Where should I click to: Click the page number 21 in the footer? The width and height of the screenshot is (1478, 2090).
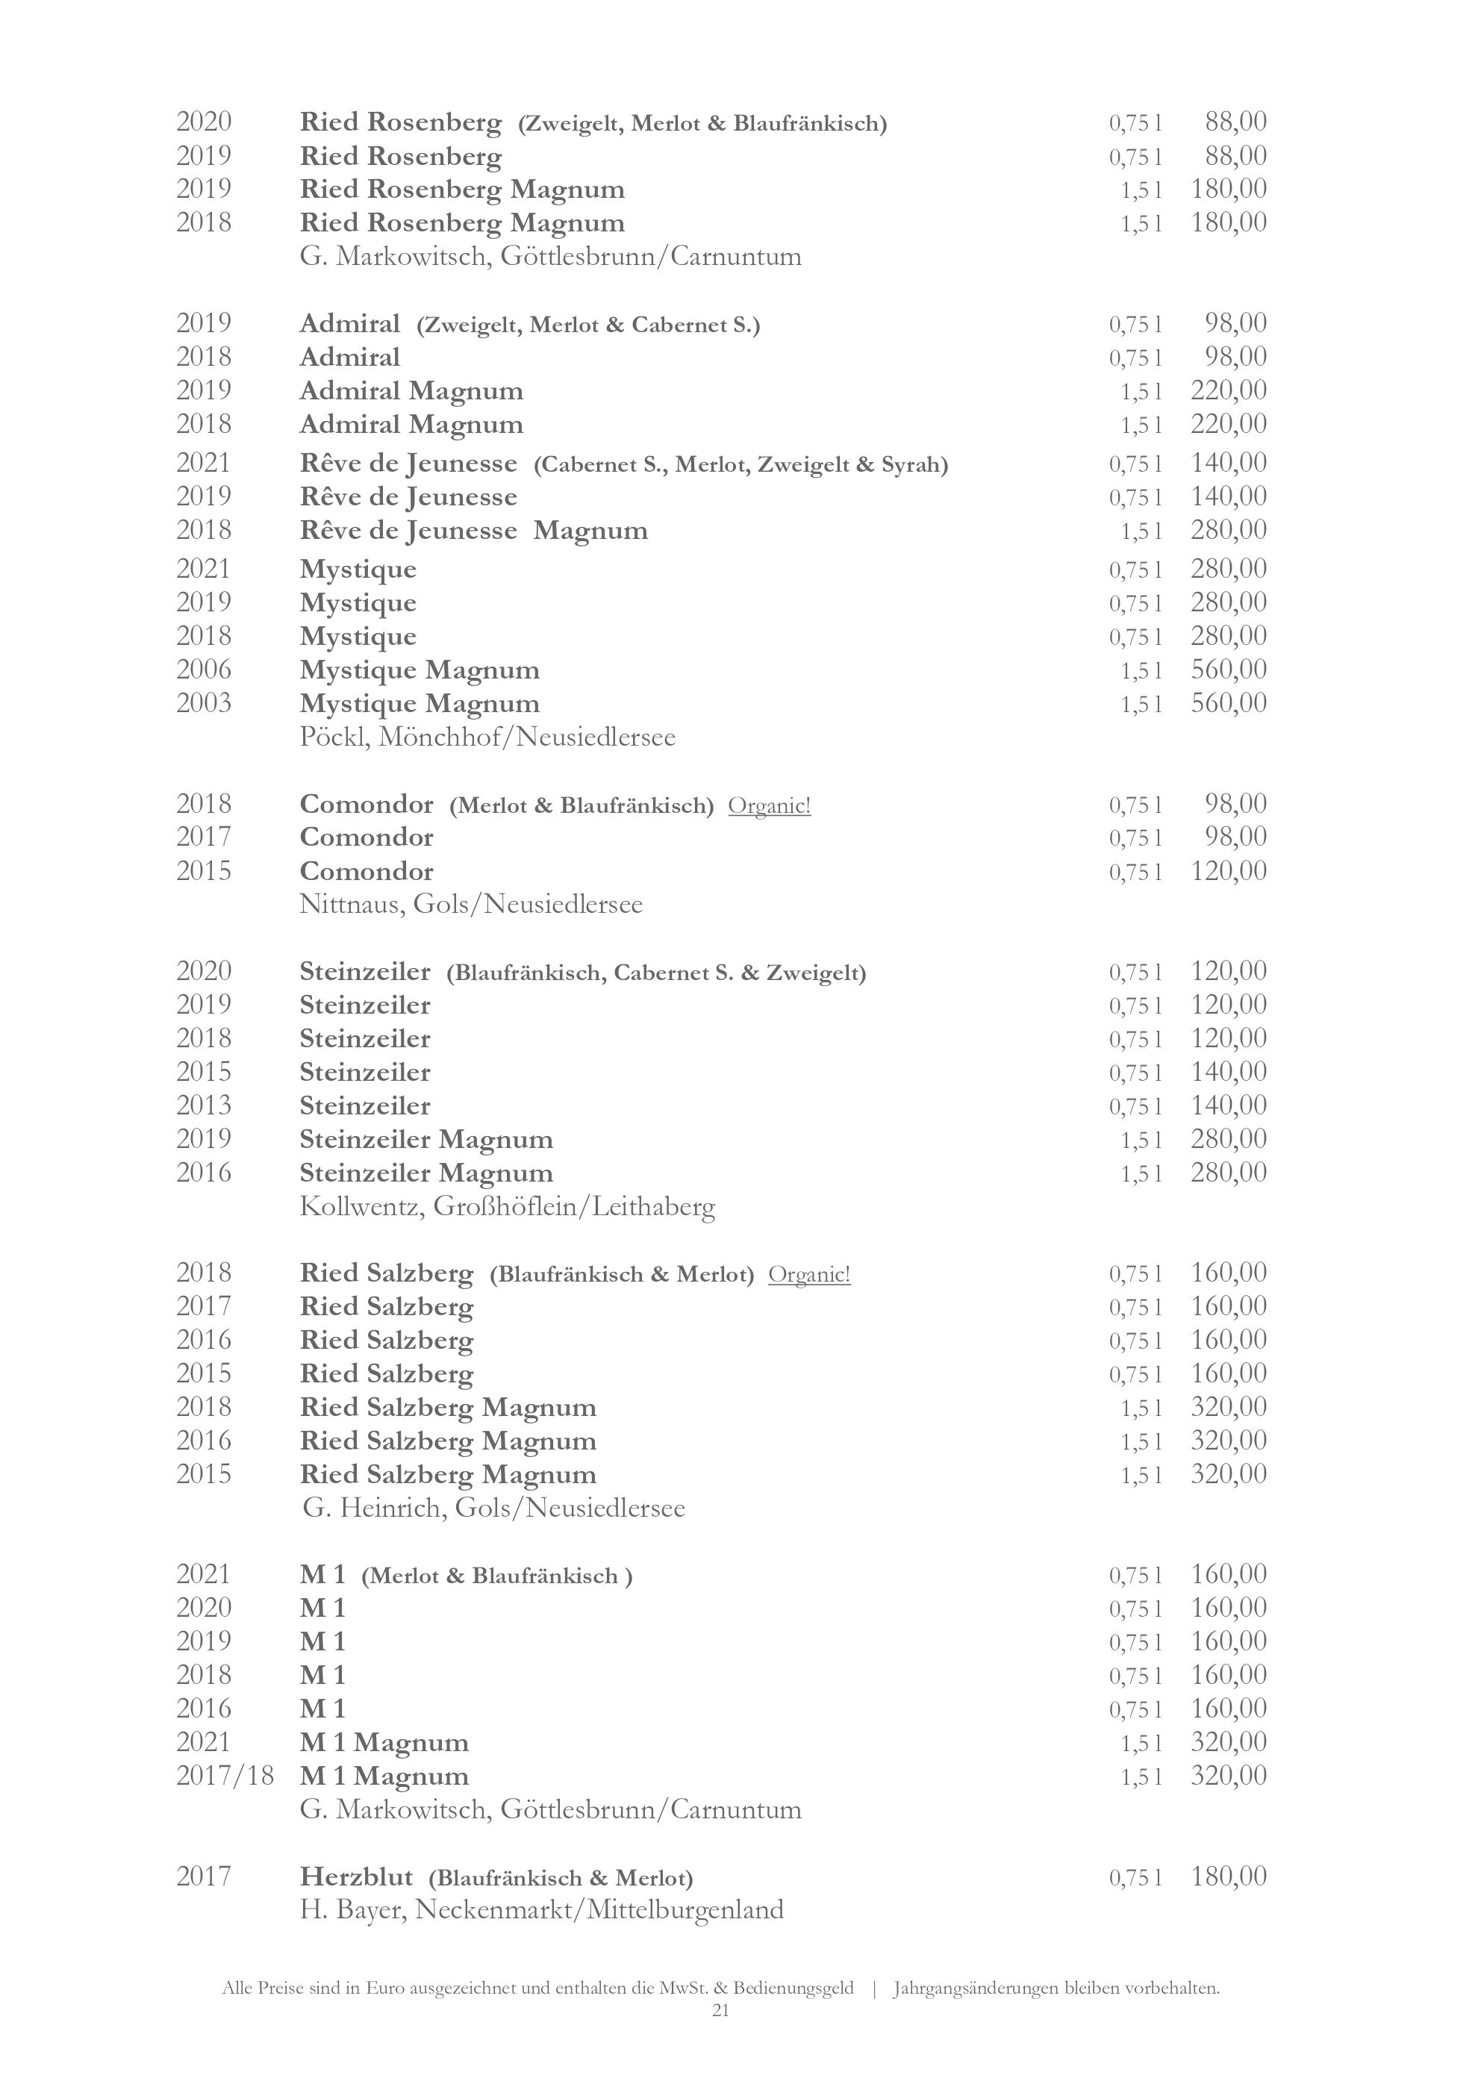720,2011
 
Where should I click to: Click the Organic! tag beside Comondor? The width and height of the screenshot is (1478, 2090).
769,805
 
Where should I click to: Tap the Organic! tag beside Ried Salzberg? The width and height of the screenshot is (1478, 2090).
809,1274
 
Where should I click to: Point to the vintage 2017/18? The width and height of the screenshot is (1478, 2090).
225,1775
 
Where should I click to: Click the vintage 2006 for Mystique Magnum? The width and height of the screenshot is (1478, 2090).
204,670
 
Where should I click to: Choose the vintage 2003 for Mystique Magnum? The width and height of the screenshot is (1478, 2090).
204,704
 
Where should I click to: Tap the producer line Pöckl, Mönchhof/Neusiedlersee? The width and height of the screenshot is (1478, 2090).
487,737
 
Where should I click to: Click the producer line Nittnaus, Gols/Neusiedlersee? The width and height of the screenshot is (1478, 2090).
470,905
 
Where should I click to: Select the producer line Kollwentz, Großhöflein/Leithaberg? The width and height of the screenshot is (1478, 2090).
507,1207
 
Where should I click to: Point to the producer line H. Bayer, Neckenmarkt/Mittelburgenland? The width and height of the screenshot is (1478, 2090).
541,1910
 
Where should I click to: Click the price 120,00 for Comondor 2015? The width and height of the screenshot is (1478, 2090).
1229,871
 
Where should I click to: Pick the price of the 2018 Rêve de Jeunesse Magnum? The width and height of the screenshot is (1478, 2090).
1229,530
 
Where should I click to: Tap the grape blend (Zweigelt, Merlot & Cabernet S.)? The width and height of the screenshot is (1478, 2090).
588,325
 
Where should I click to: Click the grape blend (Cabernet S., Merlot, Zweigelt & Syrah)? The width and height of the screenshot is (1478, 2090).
740,465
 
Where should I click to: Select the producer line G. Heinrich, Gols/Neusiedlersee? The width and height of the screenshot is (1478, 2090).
493,1509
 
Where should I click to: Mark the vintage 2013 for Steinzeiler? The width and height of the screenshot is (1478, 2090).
204,1106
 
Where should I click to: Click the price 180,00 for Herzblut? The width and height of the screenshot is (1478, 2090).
1229,1876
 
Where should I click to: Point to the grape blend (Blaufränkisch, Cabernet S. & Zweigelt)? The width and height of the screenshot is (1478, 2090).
656,973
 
